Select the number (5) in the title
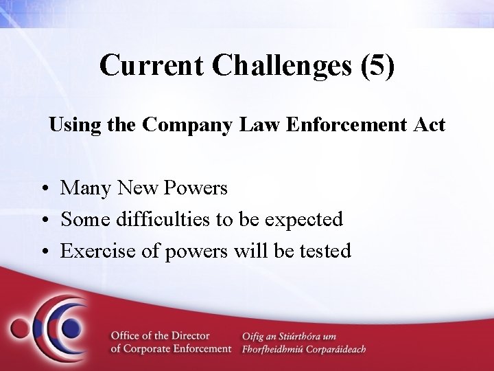(x=375, y=65)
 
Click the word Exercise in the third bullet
(x=100, y=251)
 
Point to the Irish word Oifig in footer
(x=254, y=335)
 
